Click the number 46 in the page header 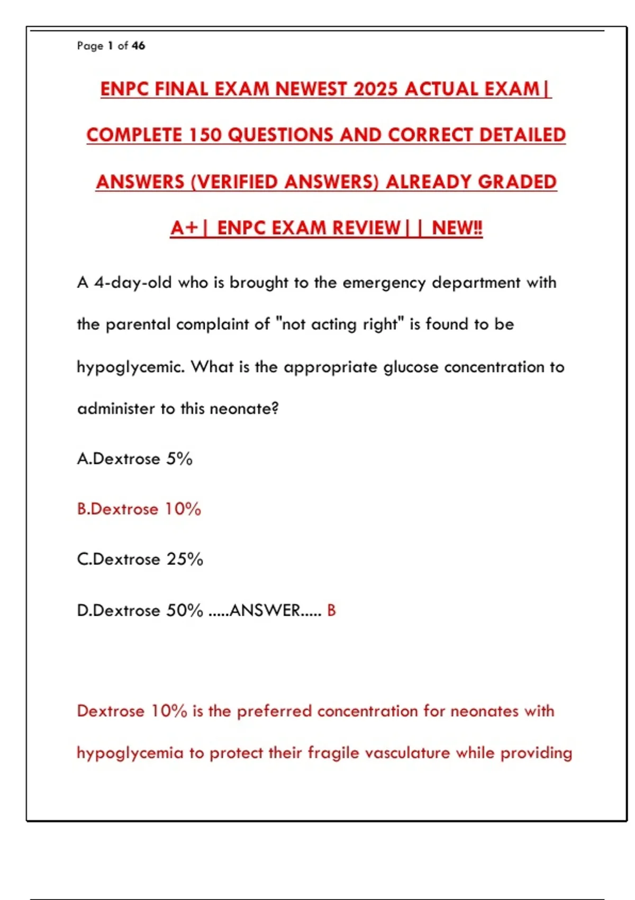(x=139, y=46)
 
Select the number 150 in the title (x=205, y=135)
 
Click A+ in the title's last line (x=184, y=228)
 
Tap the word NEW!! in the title (x=457, y=228)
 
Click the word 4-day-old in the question (x=133, y=283)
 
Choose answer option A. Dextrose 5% (x=135, y=458)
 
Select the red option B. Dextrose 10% (x=139, y=509)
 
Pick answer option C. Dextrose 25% (x=140, y=560)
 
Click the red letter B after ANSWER (x=331, y=610)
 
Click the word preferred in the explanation (x=274, y=711)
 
